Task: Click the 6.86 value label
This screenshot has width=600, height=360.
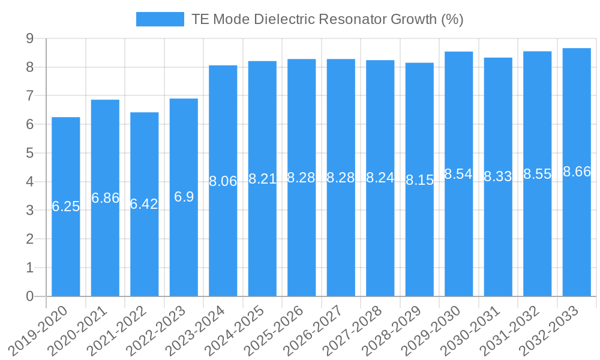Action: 105,198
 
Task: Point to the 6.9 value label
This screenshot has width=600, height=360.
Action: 184,197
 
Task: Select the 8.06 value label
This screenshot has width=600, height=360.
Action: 223,181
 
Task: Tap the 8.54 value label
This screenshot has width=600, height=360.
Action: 458,174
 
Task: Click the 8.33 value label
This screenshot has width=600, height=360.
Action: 498,176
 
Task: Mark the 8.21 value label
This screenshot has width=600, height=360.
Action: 262,178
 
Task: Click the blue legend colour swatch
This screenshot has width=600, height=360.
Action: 160,19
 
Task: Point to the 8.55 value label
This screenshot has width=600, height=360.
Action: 537,174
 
